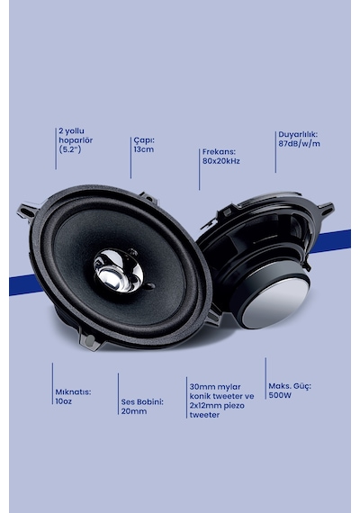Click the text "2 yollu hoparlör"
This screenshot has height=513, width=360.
coord(76,135)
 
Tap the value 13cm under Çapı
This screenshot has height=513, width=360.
coord(144,149)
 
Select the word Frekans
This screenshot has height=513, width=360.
coord(218,152)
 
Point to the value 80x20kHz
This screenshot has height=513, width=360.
coord(220,161)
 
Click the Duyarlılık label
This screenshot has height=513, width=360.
coord(298,134)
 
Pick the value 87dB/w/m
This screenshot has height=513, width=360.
coord(299,143)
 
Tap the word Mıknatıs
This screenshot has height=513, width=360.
coord(72,391)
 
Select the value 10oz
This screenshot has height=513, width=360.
coord(64,401)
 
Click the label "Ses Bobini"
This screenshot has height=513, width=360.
coord(141,401)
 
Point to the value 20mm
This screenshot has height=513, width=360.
coord(134,411)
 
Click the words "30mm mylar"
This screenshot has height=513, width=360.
coord(215,387)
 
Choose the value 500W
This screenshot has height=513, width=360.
coord(280,395)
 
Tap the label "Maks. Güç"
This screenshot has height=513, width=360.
coord(289,386)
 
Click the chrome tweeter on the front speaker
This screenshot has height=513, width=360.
coord(119,270)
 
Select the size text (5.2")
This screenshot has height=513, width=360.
coord(70,149)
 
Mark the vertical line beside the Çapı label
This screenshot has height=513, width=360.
coord(130,157)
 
